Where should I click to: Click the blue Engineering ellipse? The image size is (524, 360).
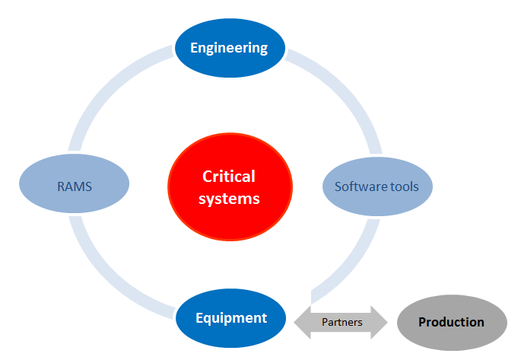(x=230, y=48)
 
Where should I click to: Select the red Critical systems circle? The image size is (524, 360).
(x=230, y=186)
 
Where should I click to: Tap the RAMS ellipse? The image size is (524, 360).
(x=75, y=183)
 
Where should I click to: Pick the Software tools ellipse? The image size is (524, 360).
(x=378, y=186)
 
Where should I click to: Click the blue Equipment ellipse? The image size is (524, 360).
(x=230, y=318)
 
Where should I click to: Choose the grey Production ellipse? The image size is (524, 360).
(x=453, y=323)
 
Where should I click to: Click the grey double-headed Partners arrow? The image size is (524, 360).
(x=341, y=322)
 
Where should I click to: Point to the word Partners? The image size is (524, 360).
(x=342, y=322)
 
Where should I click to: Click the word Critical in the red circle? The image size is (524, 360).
(x=229, y=177)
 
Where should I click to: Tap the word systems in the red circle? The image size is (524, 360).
(x=229, y=199)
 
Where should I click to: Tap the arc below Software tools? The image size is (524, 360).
(x=351, y=264)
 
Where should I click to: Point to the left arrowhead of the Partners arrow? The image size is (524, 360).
(x=303, y=322)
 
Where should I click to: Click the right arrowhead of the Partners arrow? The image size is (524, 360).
(x=380, y=322)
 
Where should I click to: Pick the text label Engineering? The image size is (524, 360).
(x=229, y=48)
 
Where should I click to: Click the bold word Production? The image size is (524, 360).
(x=451, y=322)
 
